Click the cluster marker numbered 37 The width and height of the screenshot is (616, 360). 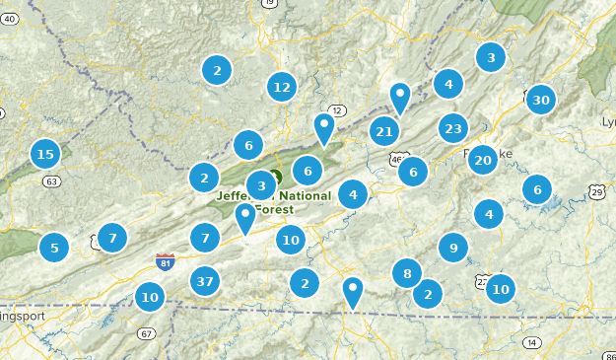coord(204,281)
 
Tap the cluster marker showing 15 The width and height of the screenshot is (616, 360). coord(44,154)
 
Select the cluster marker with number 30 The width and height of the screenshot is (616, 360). coord(540,100)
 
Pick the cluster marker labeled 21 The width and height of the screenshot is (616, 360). coord(384,131)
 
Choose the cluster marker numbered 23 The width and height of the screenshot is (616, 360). coord(453,128)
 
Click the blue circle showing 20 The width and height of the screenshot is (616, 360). coord(482,160)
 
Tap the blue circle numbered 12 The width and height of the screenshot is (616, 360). coord(282,87)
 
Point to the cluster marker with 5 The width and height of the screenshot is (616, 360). coord(54,248)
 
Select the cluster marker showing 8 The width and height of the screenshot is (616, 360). coord(407,272)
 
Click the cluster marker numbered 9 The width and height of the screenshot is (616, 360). coord(452,248)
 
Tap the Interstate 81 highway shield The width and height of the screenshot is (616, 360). coord(166,261)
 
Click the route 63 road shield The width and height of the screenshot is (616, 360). coord(52,181)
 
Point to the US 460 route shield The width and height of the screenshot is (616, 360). coord(398,158)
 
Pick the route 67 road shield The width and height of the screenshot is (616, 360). coord(147,333)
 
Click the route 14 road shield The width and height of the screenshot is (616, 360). coord(533,342)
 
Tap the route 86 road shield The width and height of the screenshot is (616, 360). coord(608,342)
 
